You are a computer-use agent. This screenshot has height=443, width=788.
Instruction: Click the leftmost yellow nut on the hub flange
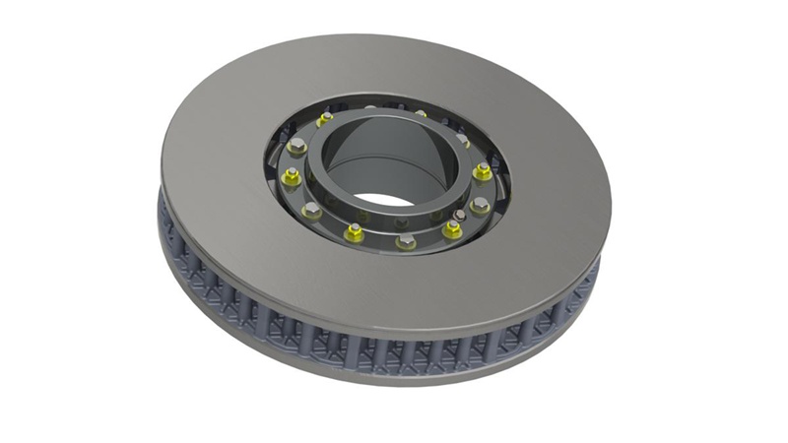(x=290, y=177)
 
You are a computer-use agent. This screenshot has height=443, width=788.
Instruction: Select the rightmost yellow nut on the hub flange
(x=482, y=172)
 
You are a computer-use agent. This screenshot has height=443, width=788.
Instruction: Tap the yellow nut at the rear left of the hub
(x=325, y=119)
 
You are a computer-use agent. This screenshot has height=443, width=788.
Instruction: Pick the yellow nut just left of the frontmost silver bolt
(x=354, y=231)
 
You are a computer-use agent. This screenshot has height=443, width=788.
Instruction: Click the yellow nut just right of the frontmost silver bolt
(x=451, y=229)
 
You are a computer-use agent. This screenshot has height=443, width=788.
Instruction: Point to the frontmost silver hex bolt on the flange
(x=404, y=240)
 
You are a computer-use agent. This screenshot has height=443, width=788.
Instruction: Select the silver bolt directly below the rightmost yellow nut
(x=480, y=205)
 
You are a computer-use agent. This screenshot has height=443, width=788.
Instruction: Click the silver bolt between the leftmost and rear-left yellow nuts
(x=298, y=147)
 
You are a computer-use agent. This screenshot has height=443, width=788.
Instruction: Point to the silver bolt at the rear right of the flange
(x=463, y=141)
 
